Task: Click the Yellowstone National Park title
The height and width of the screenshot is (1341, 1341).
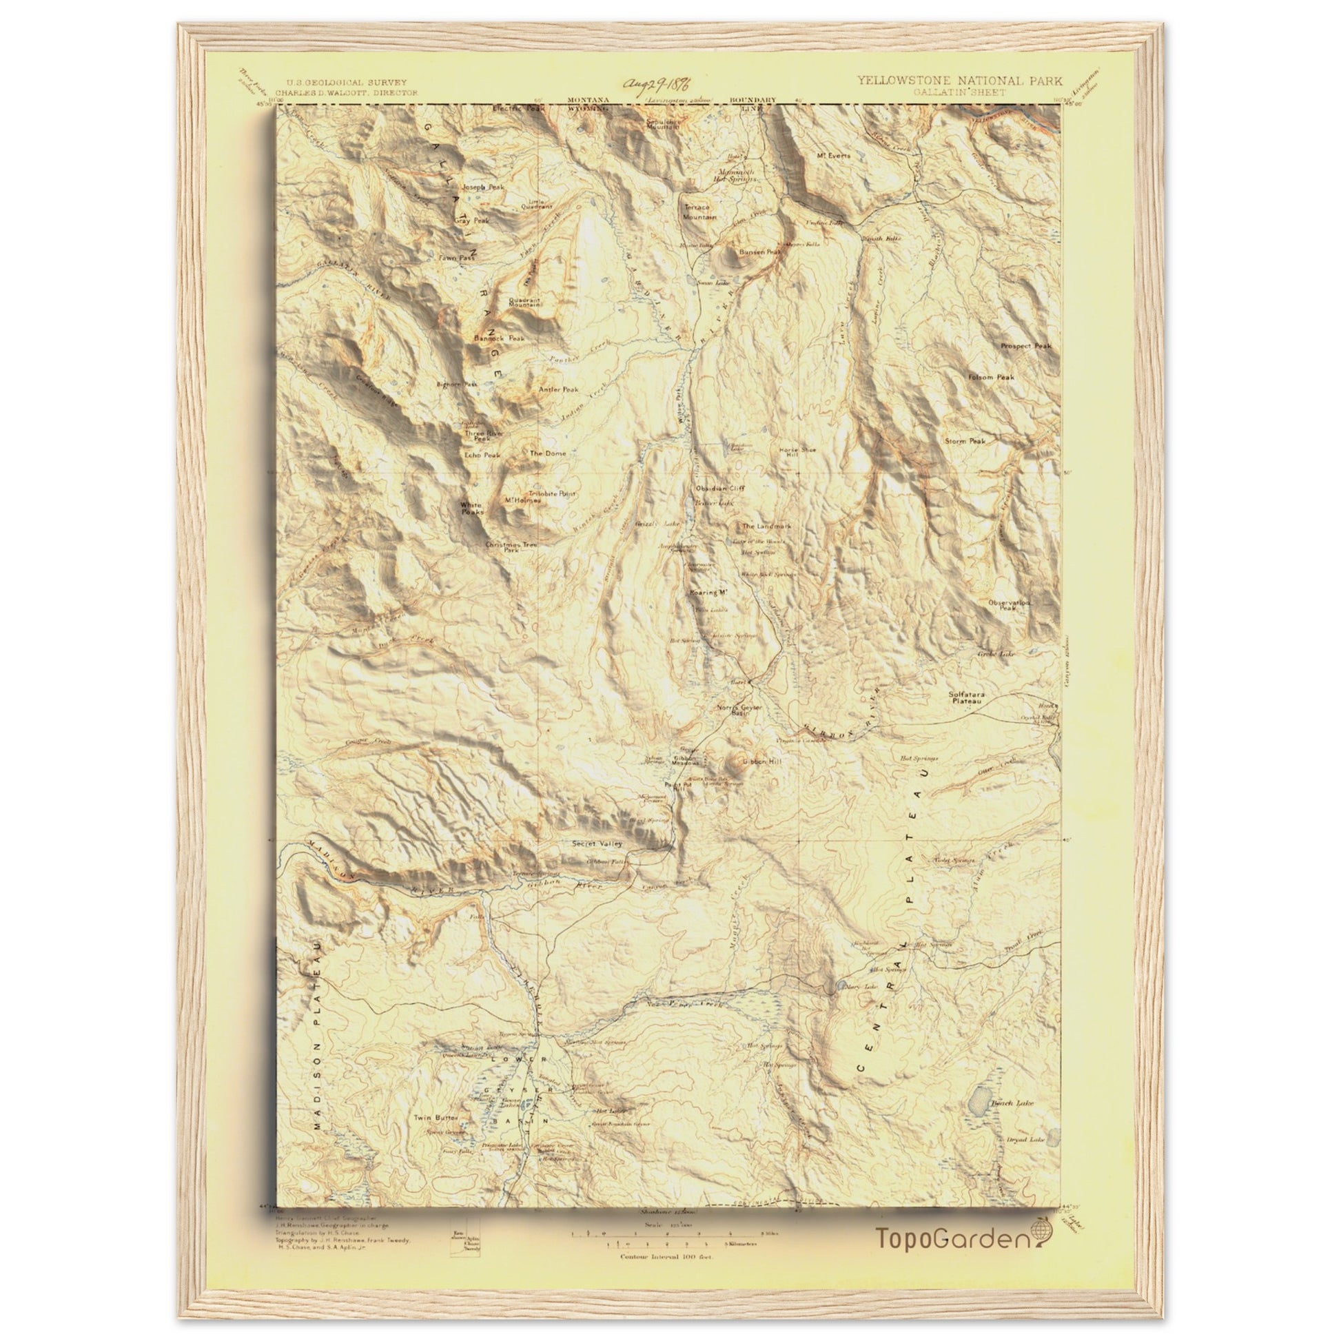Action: click(x=959, y=81)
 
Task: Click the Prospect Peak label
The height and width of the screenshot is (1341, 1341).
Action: click(x=1026, y=346)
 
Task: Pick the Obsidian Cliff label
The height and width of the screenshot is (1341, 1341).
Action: click(x=720, y=489)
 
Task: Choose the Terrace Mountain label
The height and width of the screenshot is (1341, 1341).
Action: click(x=699, y=212)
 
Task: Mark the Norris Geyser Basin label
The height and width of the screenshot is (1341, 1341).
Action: click(x=739, y=710)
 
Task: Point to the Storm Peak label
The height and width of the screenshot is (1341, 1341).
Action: click(x=965, y=441)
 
